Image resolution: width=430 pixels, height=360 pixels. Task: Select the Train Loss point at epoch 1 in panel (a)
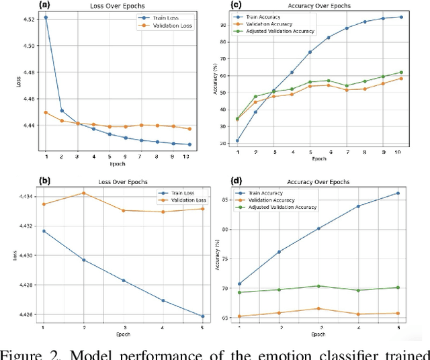click(x=46, y=17)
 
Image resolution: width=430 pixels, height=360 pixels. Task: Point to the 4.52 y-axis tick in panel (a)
click(x=31, y=19)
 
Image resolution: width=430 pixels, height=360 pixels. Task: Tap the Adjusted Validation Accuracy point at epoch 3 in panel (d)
click(x=318, y=286)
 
